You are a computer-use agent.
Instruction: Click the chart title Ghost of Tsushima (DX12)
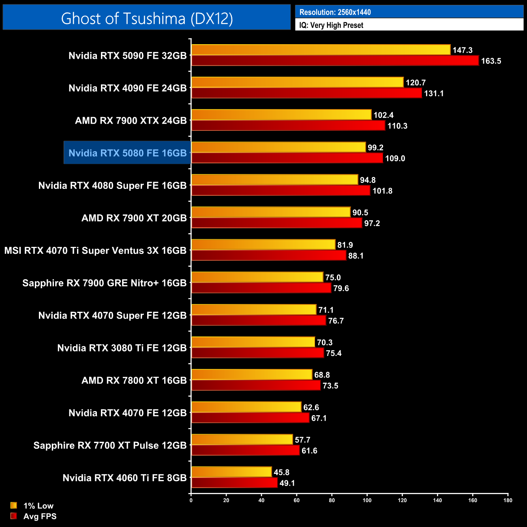(147, 18)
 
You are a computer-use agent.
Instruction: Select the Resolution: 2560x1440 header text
(335, 12)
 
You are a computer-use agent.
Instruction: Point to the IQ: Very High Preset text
(331, 25)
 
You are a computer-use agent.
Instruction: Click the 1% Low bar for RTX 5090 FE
(321, 50)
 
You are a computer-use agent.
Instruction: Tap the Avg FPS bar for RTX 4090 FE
(306, 93)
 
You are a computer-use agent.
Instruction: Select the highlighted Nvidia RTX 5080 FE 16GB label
(127, 153)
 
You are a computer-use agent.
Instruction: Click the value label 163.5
(491, 61)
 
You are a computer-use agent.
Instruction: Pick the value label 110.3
(397, 126)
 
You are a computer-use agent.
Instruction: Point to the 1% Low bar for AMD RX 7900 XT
(271, 212)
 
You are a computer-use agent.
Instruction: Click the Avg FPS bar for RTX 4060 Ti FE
(234, 483)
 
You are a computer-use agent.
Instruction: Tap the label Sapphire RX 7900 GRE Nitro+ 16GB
(104, 283)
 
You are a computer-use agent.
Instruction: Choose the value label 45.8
(281, 472)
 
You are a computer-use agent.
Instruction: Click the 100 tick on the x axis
(367, 500)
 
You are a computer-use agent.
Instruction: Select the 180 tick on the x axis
(508, 500)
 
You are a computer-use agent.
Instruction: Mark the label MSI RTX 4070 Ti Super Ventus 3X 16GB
(95, 251)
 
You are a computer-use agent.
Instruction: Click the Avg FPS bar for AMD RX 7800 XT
(256, 386)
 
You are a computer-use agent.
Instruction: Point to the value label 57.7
(302, 440)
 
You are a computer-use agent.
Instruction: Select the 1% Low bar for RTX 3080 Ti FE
(253, 342)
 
